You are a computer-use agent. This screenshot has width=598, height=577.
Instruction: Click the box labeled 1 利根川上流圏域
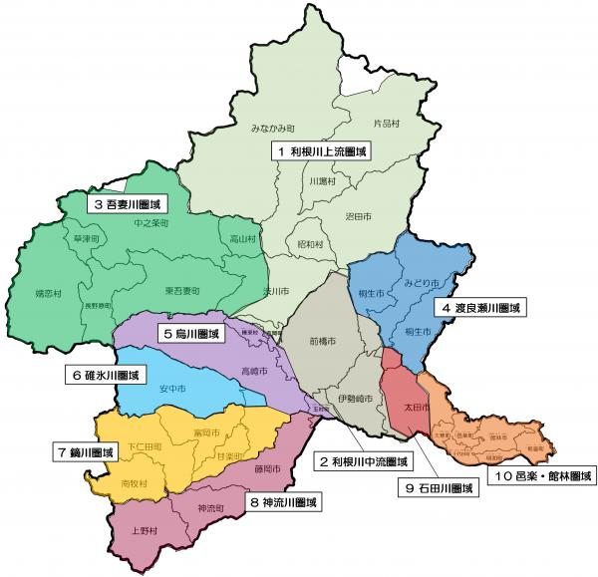[322, 151]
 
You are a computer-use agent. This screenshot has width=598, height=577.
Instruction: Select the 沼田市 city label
[357, 215]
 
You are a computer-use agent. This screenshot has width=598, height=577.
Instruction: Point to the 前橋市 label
[322, 341]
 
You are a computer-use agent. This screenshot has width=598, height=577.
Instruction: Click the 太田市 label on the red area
[415, 408]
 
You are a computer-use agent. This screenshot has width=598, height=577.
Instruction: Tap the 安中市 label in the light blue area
[173, 390]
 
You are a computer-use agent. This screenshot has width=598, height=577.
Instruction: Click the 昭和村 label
[310, 243]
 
